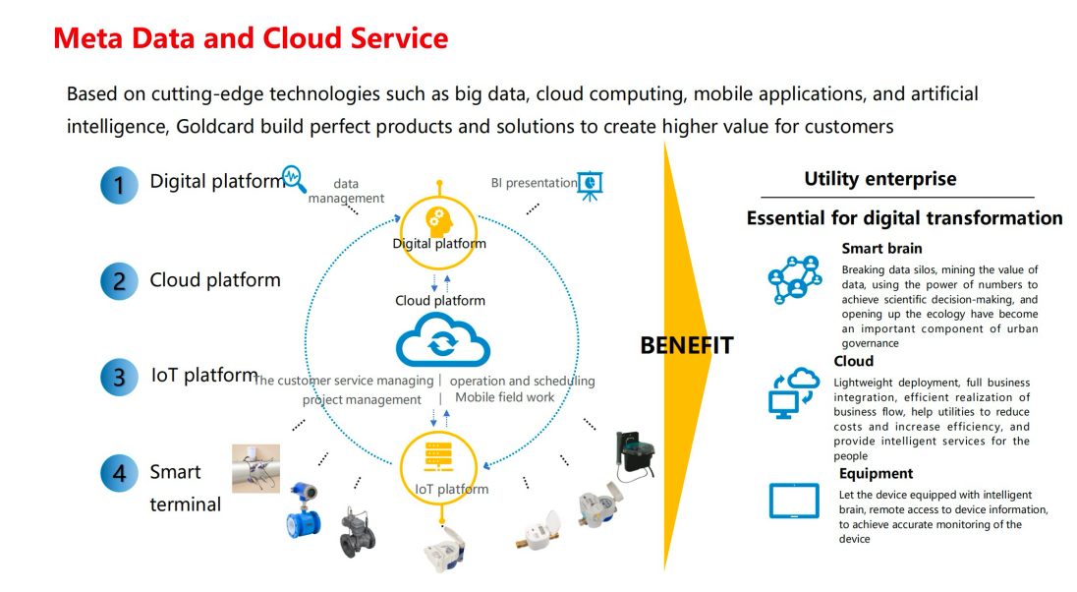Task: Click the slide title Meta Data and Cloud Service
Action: coord(251,38)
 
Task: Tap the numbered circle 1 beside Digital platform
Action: coord(119,184)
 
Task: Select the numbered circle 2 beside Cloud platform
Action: coord(119,282)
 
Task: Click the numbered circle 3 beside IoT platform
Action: coord(119,378)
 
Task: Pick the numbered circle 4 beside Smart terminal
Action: coord(119,473)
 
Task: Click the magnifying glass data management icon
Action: coord(293,179)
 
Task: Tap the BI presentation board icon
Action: coord(590,185)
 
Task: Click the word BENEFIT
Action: coord(686,346)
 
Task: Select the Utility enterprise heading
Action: coord(879,179)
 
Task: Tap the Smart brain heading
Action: coord(881,249)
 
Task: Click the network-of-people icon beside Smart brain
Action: coord(793,278)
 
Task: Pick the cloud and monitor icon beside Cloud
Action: coord(793,392)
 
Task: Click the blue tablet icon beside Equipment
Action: coord(793,502)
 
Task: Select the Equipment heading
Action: coord(876,474)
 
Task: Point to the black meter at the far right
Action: coord(635,455)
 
